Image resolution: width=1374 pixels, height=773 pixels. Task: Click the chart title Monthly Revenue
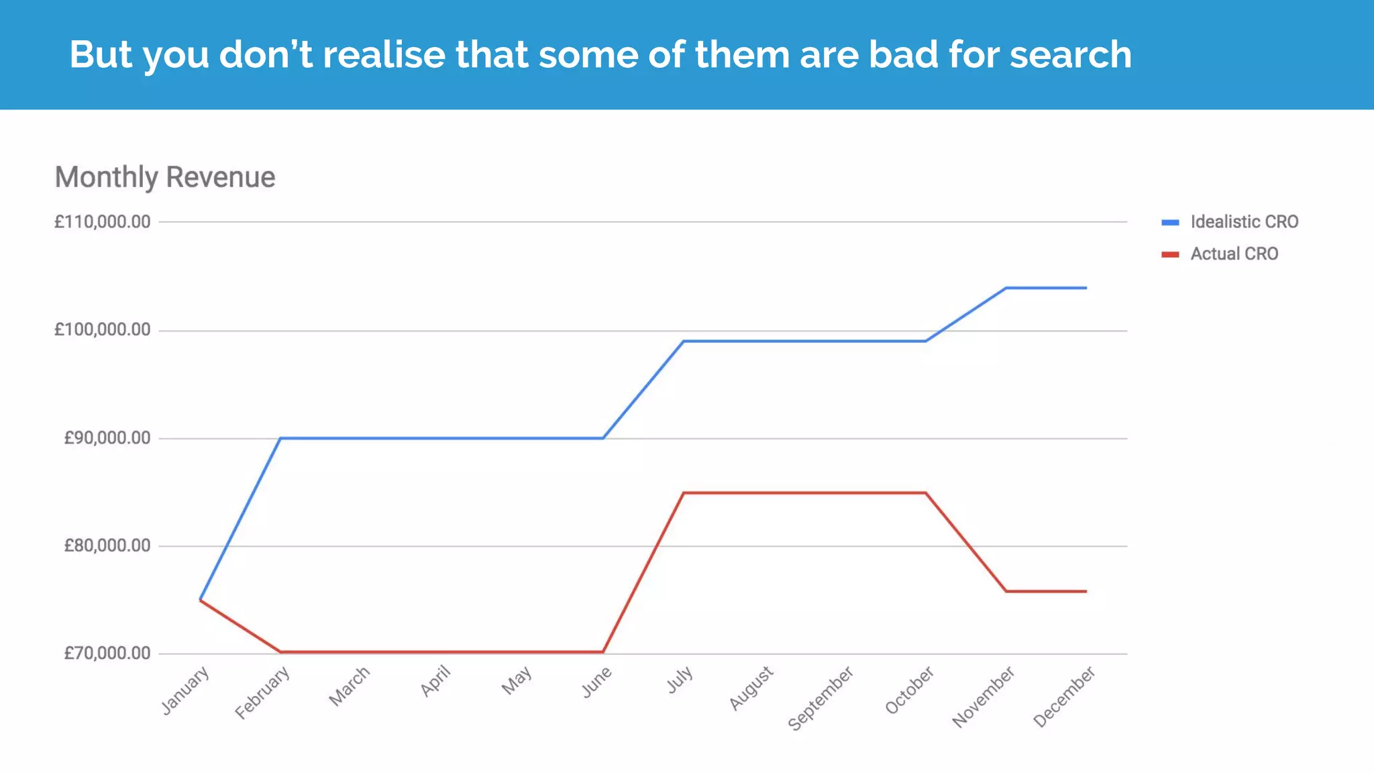(x=165, y=177)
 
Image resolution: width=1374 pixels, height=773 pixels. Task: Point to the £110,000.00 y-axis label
(x=102, y=221)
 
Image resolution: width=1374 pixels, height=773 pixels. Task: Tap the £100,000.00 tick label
(x=102, y=329)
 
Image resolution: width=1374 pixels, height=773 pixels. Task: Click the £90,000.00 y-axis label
(x=107, y=437)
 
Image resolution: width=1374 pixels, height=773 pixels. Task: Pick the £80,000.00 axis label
(x=107, y=546)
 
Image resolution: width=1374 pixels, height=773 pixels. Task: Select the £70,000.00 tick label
(x=107, y=653)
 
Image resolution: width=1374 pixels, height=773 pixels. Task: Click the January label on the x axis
(x=186, y=690)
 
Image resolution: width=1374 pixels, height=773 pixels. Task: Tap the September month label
(x=821, y=698)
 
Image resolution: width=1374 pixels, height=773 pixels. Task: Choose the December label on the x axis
(x=1064, y=696)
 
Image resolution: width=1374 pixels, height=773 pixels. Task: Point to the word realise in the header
(x=384, y=54)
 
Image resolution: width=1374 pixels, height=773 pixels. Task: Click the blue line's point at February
(x=280, y=438)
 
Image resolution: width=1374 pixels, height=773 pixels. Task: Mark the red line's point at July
(x=684, y=493)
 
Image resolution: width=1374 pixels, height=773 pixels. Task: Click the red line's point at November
(x=1006, y=591)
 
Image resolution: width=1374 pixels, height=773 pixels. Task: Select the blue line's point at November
(x=1006, y=288)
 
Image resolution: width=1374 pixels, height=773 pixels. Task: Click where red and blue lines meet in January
(x=201, y=599)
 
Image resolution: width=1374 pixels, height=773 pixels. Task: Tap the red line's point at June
(x=603, y=652)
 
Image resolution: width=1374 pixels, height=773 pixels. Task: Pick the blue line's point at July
(x=684, y=341)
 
